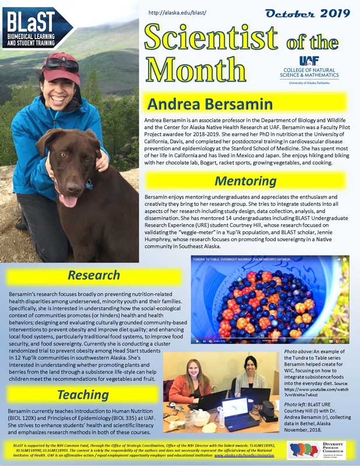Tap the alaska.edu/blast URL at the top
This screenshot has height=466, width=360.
(x=177, y=12)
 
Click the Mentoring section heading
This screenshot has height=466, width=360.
(x=245, y=181)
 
